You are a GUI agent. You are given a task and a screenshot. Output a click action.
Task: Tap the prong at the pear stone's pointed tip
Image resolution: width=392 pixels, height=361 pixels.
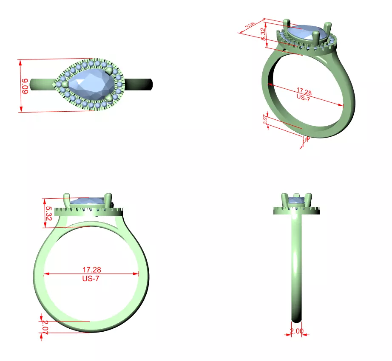click(x=64, y=85)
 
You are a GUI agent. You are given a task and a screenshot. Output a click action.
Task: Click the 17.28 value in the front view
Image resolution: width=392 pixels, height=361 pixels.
click(x=91, y=269)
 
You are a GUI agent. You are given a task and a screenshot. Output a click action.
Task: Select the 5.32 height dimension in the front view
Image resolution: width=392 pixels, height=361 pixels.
click(x=48, y=213)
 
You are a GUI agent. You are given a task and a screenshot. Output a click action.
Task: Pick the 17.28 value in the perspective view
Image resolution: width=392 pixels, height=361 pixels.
click(x=304, y=91)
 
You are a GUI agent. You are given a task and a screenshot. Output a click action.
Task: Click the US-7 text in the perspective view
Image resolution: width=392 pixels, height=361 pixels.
click(x=304, y=97)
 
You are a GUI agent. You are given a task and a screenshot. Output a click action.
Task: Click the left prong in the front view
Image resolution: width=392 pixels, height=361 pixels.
click(x=67, y=200)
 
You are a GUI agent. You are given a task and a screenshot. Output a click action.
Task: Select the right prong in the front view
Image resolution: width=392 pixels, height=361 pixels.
click(x=108, y=200)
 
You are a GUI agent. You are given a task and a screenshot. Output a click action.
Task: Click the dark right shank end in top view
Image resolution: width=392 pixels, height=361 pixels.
click(x=147, y=85)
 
